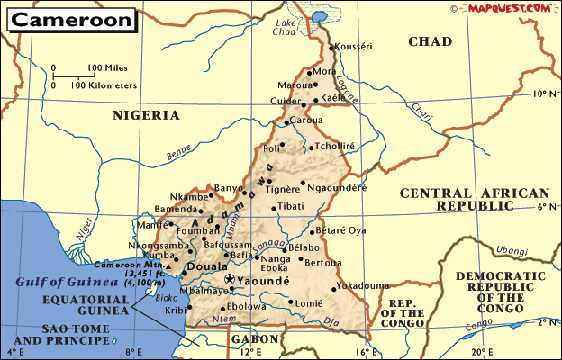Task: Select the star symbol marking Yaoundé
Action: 229,281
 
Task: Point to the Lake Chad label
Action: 285,27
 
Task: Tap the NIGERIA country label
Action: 146,115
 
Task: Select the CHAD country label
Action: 430,41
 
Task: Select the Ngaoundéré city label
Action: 337,188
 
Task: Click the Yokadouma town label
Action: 363,286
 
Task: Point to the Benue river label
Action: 179,154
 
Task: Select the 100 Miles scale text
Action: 106,68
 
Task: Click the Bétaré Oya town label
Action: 340,230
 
